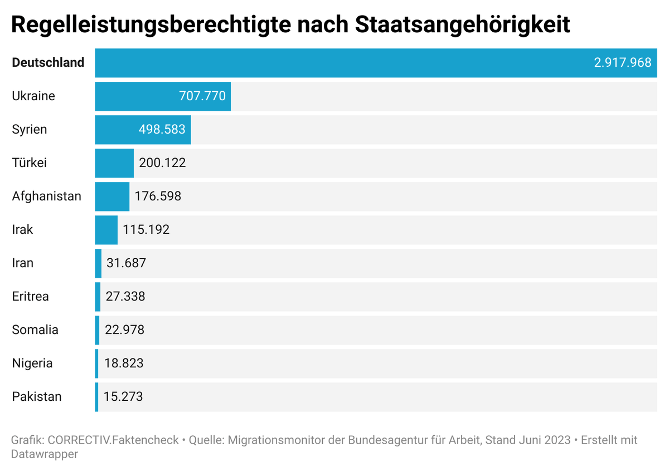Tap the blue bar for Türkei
[114, 163]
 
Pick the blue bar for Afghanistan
[112, 196]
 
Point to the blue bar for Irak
[106, 230]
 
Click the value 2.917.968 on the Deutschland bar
[622, 62]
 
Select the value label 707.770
[202, 96]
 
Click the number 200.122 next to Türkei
[162, 163]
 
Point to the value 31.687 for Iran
[126, 263]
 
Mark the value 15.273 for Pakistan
[123, 396]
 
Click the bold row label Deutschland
[48, 62]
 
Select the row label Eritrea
[30, 296]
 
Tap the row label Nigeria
[32, 363]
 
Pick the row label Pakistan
[37, 396]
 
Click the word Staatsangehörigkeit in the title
[462, 25]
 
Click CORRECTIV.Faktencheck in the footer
[113, 440]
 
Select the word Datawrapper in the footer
[44, 454]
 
